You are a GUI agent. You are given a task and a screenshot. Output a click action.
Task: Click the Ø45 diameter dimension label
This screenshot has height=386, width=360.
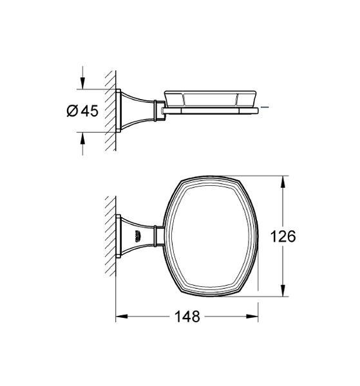pyautogui.click(x=81, y=111)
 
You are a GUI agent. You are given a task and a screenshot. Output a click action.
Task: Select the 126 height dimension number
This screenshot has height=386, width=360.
pyautogui.click(x=284, y=236)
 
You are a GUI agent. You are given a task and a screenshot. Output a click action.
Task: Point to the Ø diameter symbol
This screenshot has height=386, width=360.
pyautogui.click(x=72, y=111)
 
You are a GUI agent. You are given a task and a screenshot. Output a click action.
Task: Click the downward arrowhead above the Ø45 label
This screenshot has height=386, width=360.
pyautogui.click(x=82, y=84)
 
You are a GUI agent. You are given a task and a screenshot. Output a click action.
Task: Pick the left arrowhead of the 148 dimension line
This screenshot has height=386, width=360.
pyautogui.click(x=120, y=317)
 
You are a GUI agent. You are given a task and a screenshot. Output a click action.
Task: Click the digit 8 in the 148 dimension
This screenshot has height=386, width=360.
pyautogui.click(x=196, y=317)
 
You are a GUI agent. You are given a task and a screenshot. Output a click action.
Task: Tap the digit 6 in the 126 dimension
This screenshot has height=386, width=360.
pyautogui.click(x=292, y=236)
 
